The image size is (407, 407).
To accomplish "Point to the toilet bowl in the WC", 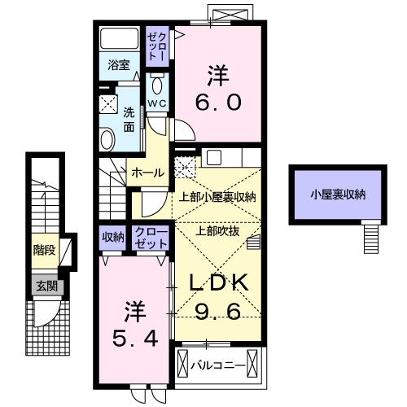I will (158, 85).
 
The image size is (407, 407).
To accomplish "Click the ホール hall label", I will (147, 173).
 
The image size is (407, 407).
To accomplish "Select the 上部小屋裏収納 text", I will (217, 196).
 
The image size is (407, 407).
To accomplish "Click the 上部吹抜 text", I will (217, 230).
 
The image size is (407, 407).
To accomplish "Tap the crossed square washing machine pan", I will (109, 103).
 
